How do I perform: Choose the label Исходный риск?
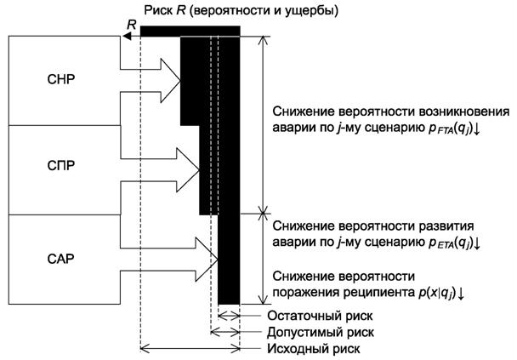pos(309,348)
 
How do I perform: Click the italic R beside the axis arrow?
pos(130,26)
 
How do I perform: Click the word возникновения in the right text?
pos(461,112)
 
